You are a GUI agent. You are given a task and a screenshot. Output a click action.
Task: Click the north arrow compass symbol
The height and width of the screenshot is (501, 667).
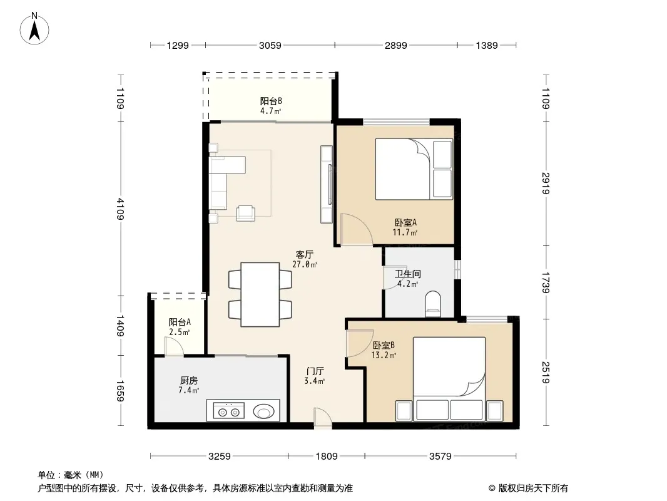coord(34,29)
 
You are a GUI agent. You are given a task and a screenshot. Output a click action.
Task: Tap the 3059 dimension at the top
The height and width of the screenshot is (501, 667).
coord(270,45)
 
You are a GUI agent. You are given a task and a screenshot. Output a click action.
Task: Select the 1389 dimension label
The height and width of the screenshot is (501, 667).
coord(487,45)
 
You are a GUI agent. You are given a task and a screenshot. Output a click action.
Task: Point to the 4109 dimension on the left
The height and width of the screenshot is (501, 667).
coord(120,209)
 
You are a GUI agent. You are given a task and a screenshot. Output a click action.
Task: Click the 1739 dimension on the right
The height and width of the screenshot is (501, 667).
coord(546,282)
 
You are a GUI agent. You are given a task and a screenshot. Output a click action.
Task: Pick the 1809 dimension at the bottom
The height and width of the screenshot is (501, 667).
coord(326,457)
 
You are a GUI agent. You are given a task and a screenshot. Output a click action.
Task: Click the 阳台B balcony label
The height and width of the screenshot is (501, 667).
coord(271,101)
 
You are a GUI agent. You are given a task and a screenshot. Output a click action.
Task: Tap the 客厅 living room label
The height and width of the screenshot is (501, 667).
coord(305,254)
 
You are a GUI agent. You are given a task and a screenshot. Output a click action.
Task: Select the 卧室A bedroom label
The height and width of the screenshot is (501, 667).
coord(405,222)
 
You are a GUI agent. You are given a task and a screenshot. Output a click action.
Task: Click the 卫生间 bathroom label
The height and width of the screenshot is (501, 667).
coord(407,274)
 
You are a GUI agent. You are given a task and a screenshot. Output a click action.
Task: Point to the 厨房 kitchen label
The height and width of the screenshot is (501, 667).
coord(189,380)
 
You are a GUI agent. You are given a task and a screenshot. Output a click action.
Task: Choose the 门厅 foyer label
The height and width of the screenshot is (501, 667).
coord(315,371)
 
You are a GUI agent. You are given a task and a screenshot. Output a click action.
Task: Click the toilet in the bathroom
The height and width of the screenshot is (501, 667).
coord(434,304)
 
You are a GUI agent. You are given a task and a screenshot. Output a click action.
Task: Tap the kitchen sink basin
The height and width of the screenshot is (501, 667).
coord(264,411)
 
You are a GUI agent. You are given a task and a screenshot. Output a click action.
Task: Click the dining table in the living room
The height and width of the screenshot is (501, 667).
coord(260,294)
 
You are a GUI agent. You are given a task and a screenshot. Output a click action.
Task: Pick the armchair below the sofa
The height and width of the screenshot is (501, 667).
coord(246,214)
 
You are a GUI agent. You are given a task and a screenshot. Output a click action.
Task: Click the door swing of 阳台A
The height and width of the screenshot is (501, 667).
coord(175,346)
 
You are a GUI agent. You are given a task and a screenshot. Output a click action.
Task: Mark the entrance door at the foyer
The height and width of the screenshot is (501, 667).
coord(322,418)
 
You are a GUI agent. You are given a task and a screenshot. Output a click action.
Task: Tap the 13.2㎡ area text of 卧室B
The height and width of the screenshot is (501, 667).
coord(384,355)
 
